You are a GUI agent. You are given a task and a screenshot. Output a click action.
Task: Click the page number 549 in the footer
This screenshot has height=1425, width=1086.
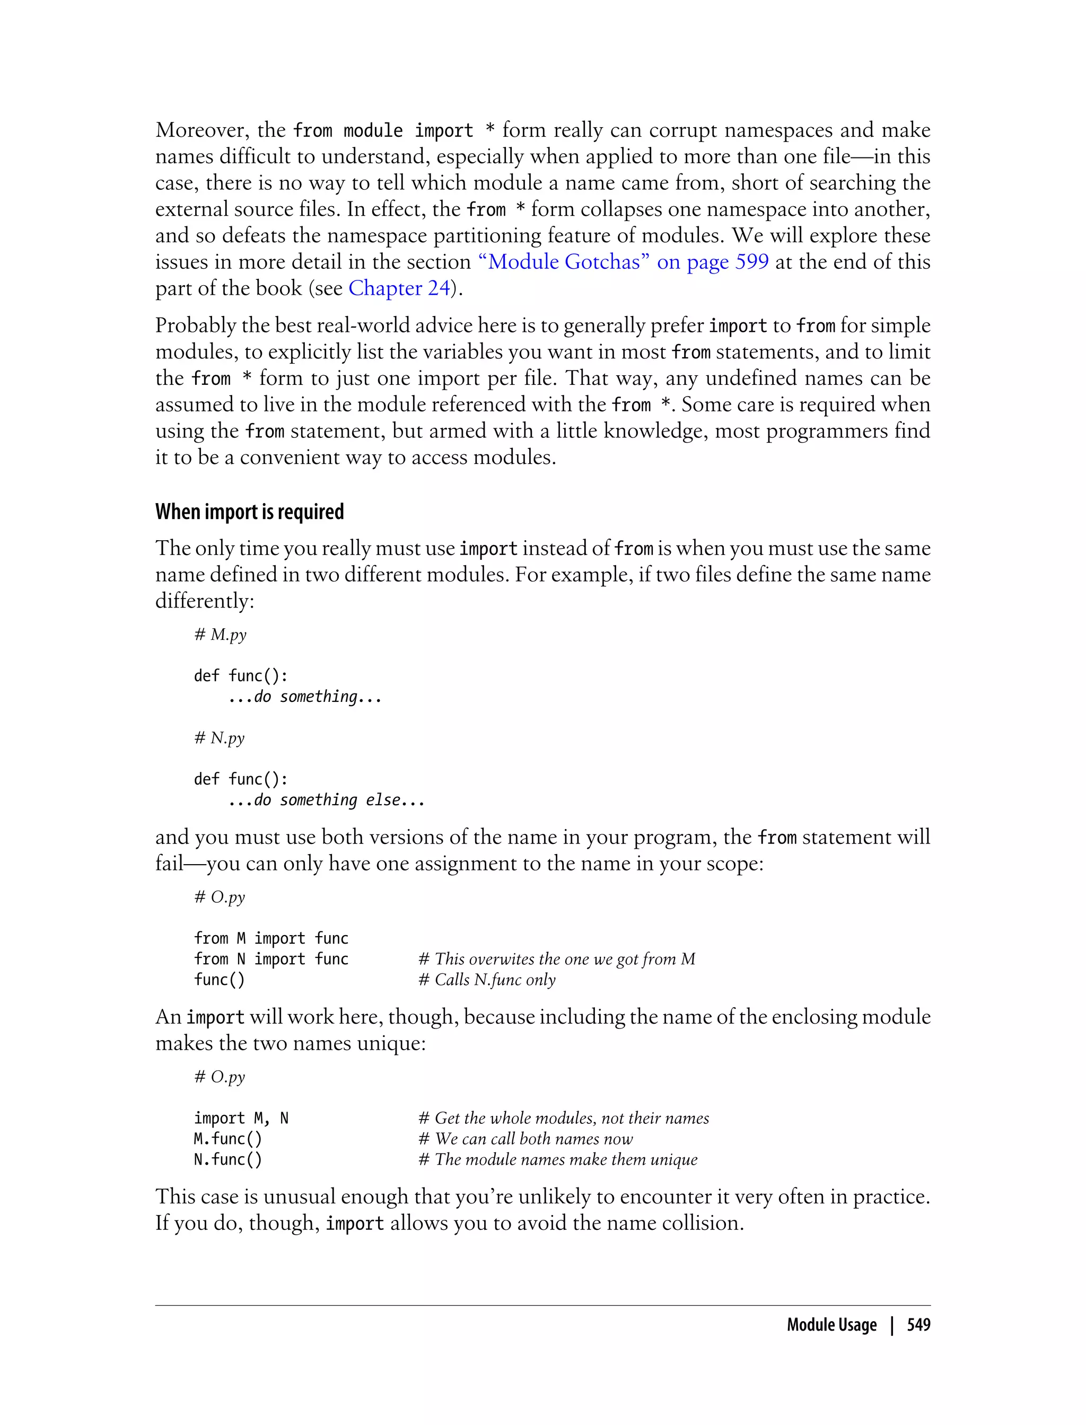tap(918, 1325)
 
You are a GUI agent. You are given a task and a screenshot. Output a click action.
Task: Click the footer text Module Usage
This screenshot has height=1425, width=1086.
tap(831, 1325)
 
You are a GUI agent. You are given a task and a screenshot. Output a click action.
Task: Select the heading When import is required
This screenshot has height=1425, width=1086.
tap(250, 512)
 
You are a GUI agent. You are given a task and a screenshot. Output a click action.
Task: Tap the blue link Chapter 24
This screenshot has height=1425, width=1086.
tap(399, 288)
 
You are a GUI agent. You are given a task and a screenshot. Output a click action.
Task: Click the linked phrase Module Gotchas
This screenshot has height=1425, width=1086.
tap(563, 262)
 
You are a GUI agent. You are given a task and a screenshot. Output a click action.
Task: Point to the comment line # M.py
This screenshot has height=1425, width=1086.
tap(221, 635)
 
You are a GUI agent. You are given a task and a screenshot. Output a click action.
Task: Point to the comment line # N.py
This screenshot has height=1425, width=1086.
tap(220, 738)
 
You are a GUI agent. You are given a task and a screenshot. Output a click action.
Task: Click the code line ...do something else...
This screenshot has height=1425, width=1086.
tap(327, 800)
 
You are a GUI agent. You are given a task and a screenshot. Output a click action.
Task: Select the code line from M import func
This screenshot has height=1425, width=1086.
tap(271, 938)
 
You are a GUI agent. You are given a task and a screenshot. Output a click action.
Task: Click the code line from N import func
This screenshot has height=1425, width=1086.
tap(271, 959)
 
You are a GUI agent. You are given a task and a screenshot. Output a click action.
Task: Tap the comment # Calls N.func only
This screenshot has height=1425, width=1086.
tap(487, 980)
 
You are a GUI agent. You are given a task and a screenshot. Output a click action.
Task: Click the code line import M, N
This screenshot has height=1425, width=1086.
tap(241, 1118)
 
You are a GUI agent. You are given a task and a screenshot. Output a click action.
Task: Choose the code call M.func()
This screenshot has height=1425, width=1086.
tap(228, 1139)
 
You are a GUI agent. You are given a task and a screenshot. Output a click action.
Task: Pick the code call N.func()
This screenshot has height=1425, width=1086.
tap(228, 1159)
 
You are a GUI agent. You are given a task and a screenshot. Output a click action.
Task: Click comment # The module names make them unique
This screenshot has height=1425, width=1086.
tap(558, 1159)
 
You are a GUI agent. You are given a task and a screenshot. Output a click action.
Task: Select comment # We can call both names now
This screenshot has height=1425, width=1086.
tap(526, 1139)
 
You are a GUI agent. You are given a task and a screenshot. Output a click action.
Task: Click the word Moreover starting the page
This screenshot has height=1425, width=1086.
tap(202, 130)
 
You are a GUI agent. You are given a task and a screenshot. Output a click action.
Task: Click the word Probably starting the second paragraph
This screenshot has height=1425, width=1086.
tap(195, 326)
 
